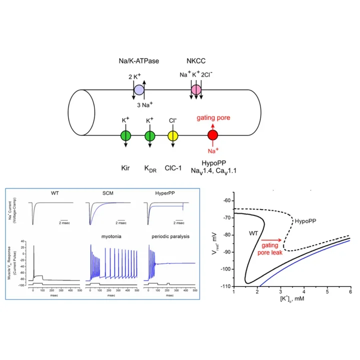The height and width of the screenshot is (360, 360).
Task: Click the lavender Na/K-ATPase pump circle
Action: (x=140, y=90)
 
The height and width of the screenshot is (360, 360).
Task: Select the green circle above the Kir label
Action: (x=125, y=135)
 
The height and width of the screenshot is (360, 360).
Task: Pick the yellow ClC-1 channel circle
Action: (x=173, y=135)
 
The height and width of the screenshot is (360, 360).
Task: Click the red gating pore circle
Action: (x=213, y=135)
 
